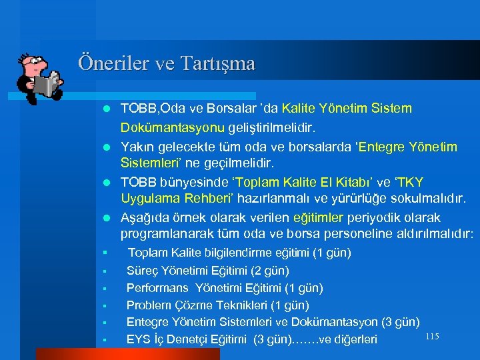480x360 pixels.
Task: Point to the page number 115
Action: [x=431, y=337]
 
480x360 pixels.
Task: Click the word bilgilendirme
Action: [x=233, y=253]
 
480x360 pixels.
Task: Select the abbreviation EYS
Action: [x=138, y=340]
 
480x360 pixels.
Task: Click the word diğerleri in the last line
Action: [x=353, y=340]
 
